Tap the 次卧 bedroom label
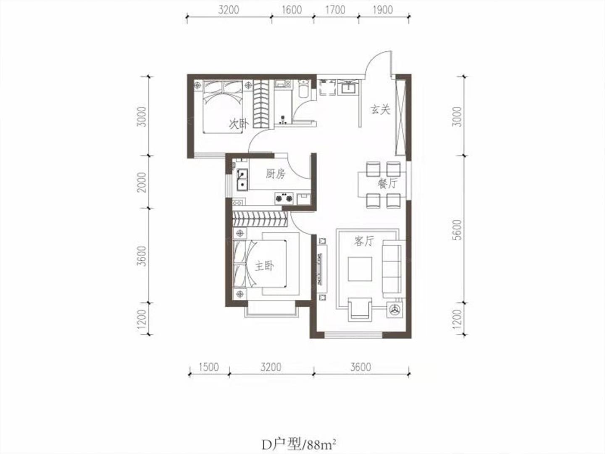[x=239, y=124]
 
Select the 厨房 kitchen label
[x=275, y=174]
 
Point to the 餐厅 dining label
[x=387, y=183]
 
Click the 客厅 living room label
[x=364, y=241]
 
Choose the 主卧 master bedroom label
[x=264, y=266]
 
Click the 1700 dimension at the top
[x=335, y=10]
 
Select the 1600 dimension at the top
[x=292, y=10]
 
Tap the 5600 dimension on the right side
[x=457, y=230]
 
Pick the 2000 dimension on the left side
[x=142, y=182]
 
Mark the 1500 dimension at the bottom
[x=208, y=367]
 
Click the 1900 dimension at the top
[x=383, y=10]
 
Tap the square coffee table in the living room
[x=360, y=269]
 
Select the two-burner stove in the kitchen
[x=284, y=198]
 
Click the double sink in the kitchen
[x=49, y=179]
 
